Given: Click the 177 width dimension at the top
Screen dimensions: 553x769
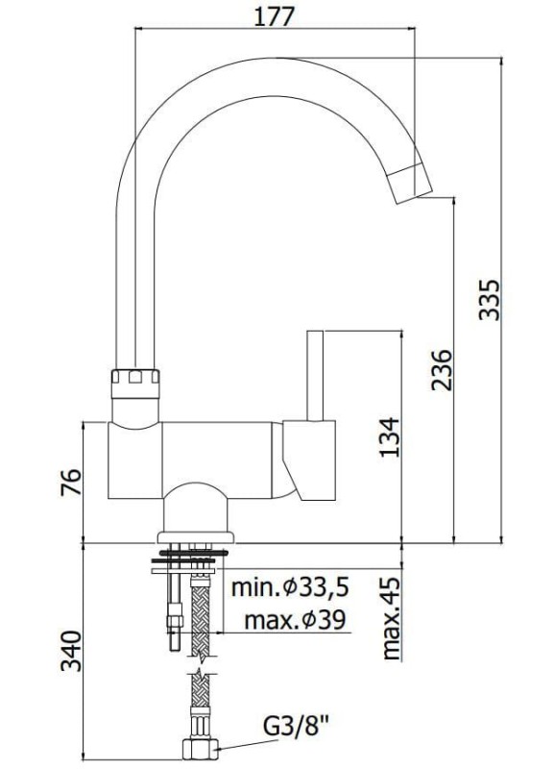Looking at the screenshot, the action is (x=275, y=16).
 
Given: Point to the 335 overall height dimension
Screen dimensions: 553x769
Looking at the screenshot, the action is (x=490, y=300).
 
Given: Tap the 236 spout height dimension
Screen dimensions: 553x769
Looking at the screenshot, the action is (x=442, y=370).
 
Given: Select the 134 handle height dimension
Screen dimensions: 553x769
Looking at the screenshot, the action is (x=390, y=437).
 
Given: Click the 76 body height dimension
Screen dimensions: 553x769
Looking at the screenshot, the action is (x=70, y=483).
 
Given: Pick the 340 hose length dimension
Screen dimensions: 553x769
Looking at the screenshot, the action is (x=70, y=651).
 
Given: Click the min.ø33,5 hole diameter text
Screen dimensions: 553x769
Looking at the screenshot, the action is (x=290, y=586).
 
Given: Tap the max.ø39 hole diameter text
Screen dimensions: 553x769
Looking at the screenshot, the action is (x=295, y=620).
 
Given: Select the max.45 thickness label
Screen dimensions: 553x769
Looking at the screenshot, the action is (x=391, y=618).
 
